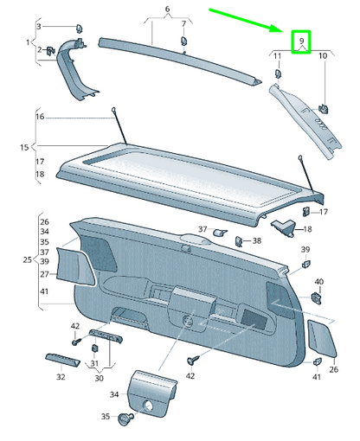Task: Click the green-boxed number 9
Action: [301, 41]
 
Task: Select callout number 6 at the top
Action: [169, 9]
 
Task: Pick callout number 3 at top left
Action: [39, 28]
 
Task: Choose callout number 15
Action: [23, 148]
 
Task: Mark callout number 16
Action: [39, 116]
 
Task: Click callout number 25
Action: [26, 259]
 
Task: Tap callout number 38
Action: [257, 241]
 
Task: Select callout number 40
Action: [318, 282]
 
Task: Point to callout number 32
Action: [61, 377]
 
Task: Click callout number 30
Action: [98, 377]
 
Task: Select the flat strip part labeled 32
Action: [61, 360]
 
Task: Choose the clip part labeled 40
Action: [317, 298]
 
